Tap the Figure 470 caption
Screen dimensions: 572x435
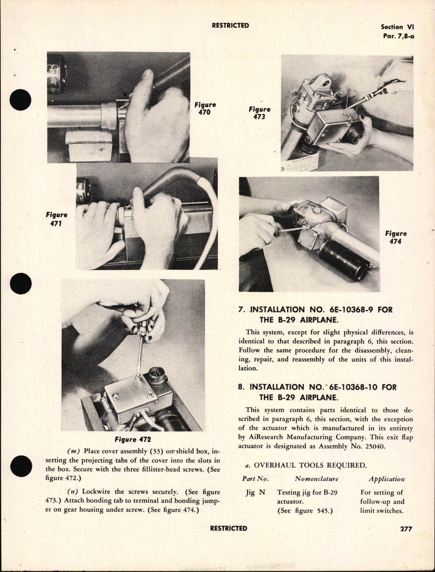click(x=205, y=109)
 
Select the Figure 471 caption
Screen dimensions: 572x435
click(x=56, y=219)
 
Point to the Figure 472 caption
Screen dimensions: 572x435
click(x=133, y=440)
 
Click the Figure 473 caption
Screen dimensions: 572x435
click(x=259, y=113)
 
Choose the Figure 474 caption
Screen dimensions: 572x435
click(x=396, y=238)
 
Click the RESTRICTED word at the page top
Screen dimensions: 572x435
click(x=230, y=26)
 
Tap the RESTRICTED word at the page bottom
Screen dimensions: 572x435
click(x=229, y=528)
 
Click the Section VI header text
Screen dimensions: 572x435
click(x=397, y=27)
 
